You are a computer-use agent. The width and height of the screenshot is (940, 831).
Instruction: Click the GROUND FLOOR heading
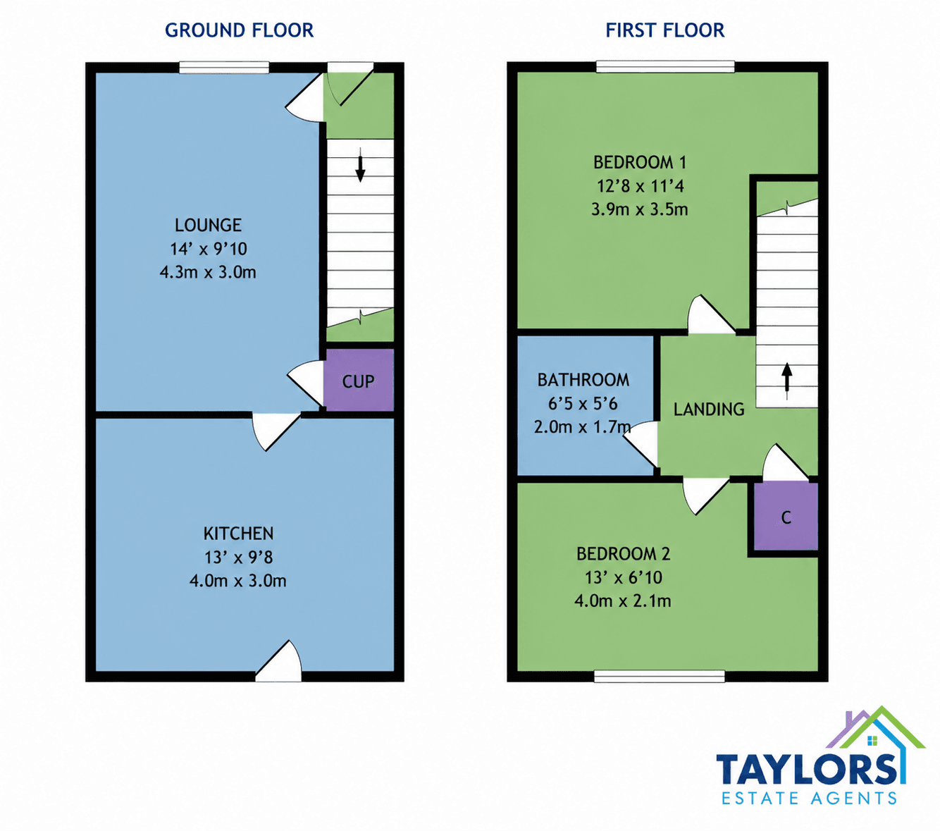point(239,30)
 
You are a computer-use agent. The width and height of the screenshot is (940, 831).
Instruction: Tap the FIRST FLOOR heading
point(664,30)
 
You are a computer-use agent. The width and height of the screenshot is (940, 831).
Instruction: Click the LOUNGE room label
point(208,225)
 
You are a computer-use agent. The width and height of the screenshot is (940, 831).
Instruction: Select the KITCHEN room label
point(238,534)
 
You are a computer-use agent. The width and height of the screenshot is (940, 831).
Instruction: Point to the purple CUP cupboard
point(359,380)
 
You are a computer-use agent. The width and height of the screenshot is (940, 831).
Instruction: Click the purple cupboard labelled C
point(786,517)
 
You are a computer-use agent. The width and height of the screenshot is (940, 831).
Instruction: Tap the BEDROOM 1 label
point(639,163)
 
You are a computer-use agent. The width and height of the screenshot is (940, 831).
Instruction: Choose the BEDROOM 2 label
point(623,553)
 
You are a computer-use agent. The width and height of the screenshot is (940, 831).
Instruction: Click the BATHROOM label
point(583,380)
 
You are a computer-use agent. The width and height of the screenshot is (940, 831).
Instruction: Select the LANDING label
point(709,409)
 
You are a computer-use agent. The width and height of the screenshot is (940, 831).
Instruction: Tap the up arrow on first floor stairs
point(786,381)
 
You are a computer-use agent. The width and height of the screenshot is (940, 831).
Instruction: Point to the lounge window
point(224,68)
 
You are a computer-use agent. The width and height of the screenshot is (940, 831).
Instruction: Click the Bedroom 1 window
point(665,67)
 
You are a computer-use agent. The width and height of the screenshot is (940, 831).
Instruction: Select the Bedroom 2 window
point(660,676)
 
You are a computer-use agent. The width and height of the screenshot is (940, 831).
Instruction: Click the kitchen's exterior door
point(278,661)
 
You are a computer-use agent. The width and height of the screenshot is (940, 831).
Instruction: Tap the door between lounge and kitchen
point(276,432)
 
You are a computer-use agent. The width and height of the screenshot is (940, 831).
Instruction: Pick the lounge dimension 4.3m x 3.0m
point(208,271)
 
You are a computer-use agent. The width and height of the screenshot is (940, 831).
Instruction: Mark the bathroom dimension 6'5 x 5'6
point(583,404)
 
